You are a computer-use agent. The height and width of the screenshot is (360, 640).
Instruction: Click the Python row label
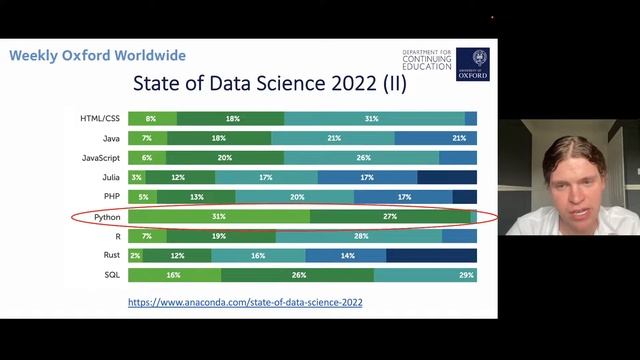[106, 216]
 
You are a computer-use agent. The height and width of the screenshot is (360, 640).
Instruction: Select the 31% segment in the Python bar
[218, 216]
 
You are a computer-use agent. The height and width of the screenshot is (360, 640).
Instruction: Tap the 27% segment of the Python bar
[390, 216]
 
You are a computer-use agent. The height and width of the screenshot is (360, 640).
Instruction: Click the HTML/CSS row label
[101, 119]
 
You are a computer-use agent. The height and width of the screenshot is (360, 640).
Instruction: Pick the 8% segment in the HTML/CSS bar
[151, 119]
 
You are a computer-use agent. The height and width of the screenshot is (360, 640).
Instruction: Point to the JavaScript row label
[102, 158]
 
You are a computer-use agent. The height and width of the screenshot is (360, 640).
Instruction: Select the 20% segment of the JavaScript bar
[225, 158]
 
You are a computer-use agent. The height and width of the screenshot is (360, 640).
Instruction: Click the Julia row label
[111, 177]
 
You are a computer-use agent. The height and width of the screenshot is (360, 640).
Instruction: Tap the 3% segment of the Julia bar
[136, 177]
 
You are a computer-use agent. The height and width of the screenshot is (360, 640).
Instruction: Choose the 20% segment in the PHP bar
[296, 197]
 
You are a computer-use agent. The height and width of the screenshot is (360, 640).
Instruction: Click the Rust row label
[111, 255]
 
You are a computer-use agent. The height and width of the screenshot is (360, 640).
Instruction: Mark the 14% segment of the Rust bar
[346, 255]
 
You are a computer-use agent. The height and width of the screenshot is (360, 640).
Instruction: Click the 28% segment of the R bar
[360, 236]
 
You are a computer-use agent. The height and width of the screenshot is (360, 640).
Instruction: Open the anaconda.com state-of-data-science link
[245, 301]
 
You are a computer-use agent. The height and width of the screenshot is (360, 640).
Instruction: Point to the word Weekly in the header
[33, 55]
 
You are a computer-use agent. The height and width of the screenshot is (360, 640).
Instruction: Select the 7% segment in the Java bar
[147, 138]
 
